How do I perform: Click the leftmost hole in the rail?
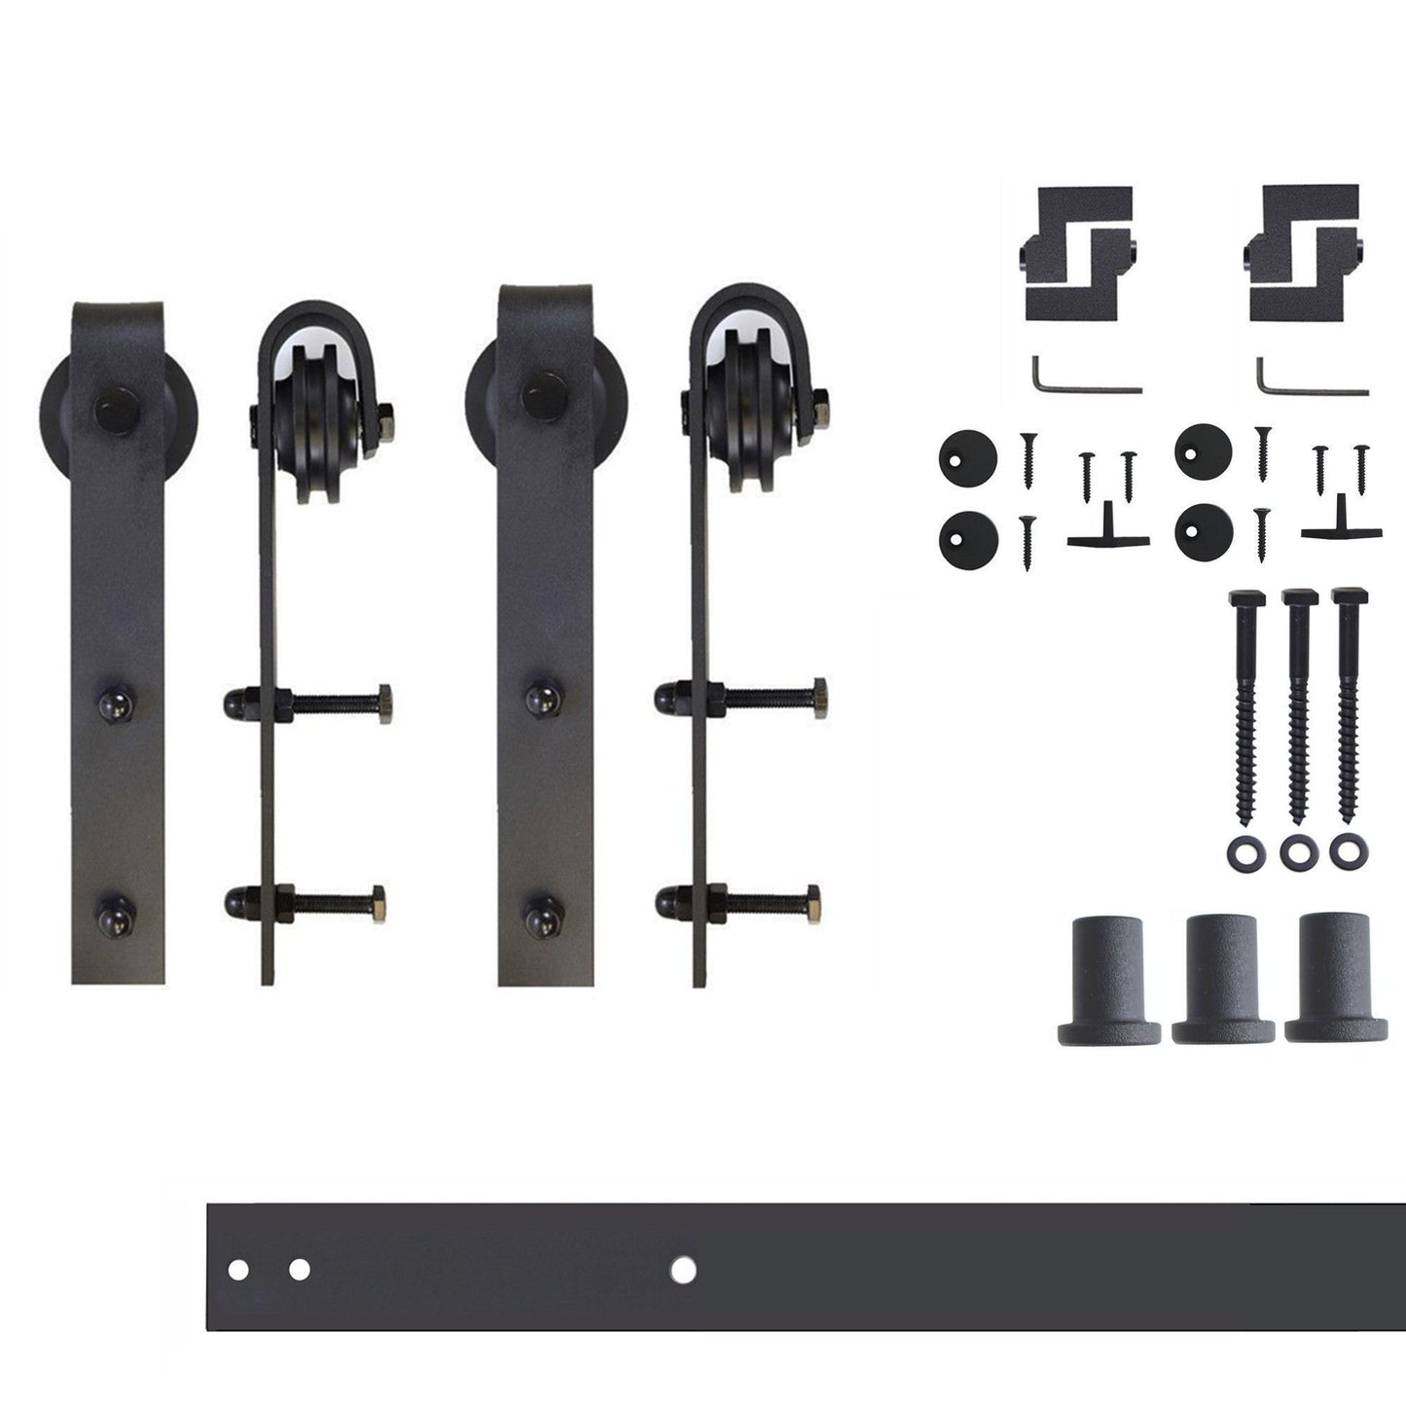tap(236, 1269)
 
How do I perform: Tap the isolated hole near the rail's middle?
tap(683, 1269)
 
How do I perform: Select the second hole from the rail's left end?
tap(299, 1269)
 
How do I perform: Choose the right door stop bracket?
tap(1303, 252)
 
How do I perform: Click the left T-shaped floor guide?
tap(1108, 529)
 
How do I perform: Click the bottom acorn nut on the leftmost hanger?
tap(115, 917)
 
